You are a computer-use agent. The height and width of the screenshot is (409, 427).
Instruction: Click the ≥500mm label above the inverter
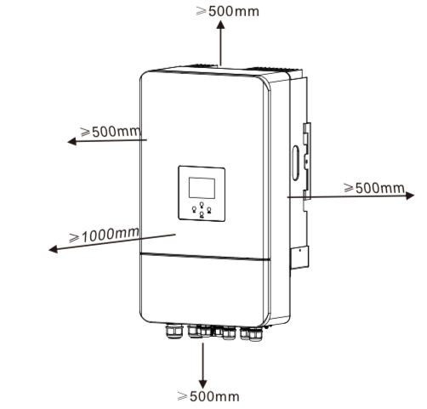pos(227,11)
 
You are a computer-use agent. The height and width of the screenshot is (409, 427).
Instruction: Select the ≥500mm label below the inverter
pos(208,396)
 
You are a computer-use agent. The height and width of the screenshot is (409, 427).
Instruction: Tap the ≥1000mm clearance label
pos(105,235)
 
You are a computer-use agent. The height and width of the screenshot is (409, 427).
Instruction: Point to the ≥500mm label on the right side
pos(374,188)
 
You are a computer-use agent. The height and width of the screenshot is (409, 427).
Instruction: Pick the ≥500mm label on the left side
pos(111,132)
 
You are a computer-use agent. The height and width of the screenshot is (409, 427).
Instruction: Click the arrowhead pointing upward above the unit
pos(220,24)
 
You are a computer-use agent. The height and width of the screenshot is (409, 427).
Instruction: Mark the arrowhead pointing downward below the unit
pos(202,383)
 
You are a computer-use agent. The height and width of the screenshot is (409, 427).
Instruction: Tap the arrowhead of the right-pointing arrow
pos(410,196)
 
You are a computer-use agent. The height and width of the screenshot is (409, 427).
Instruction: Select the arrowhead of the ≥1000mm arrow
pos(53,249)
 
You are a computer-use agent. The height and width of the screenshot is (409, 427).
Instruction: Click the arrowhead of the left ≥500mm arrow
pos(71,141)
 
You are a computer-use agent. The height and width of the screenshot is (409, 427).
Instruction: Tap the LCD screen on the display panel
pos(202,188)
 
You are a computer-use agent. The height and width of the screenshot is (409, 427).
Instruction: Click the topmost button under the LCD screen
pos(202,204)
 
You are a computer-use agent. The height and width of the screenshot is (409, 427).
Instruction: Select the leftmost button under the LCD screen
pos(194,209)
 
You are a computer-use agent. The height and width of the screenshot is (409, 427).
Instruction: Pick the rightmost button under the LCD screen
pos(209,210)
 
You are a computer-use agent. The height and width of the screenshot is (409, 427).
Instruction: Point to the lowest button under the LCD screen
pos(202,214)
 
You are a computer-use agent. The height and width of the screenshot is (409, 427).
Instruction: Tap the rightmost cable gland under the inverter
pos(255,334)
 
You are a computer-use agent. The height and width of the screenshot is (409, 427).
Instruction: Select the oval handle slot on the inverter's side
pos(295,163)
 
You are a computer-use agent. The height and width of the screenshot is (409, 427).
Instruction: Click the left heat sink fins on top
pos(203,65)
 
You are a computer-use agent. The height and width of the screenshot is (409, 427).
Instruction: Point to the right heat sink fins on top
pos(272,69)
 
